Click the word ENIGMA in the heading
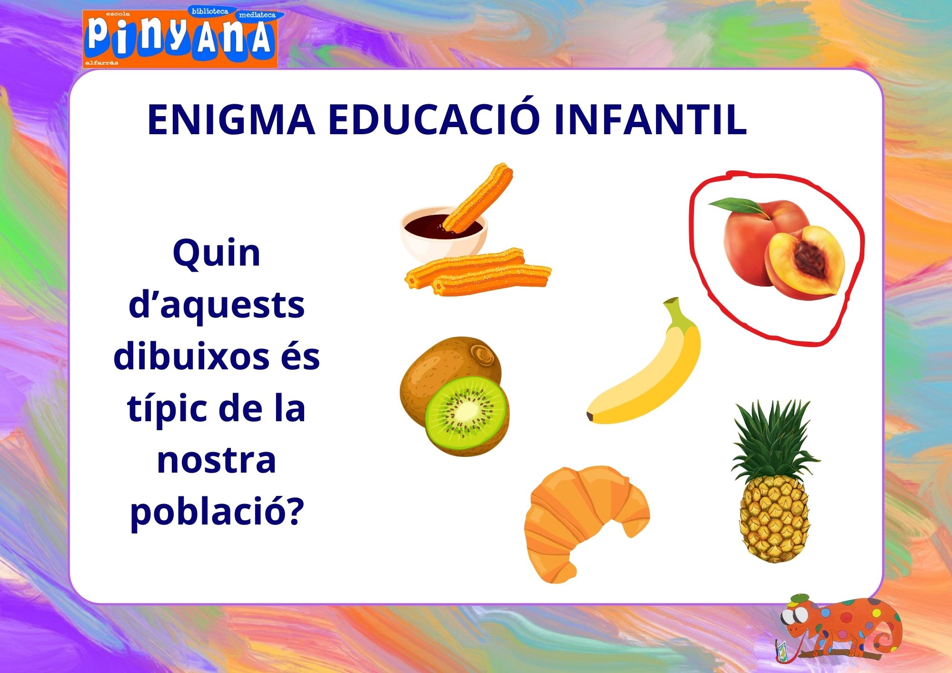point(231,119)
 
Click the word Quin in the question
point(217,254)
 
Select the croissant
point(585,523)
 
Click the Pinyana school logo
point(180,38)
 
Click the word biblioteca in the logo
point(210,11)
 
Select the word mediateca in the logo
point(257,15)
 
